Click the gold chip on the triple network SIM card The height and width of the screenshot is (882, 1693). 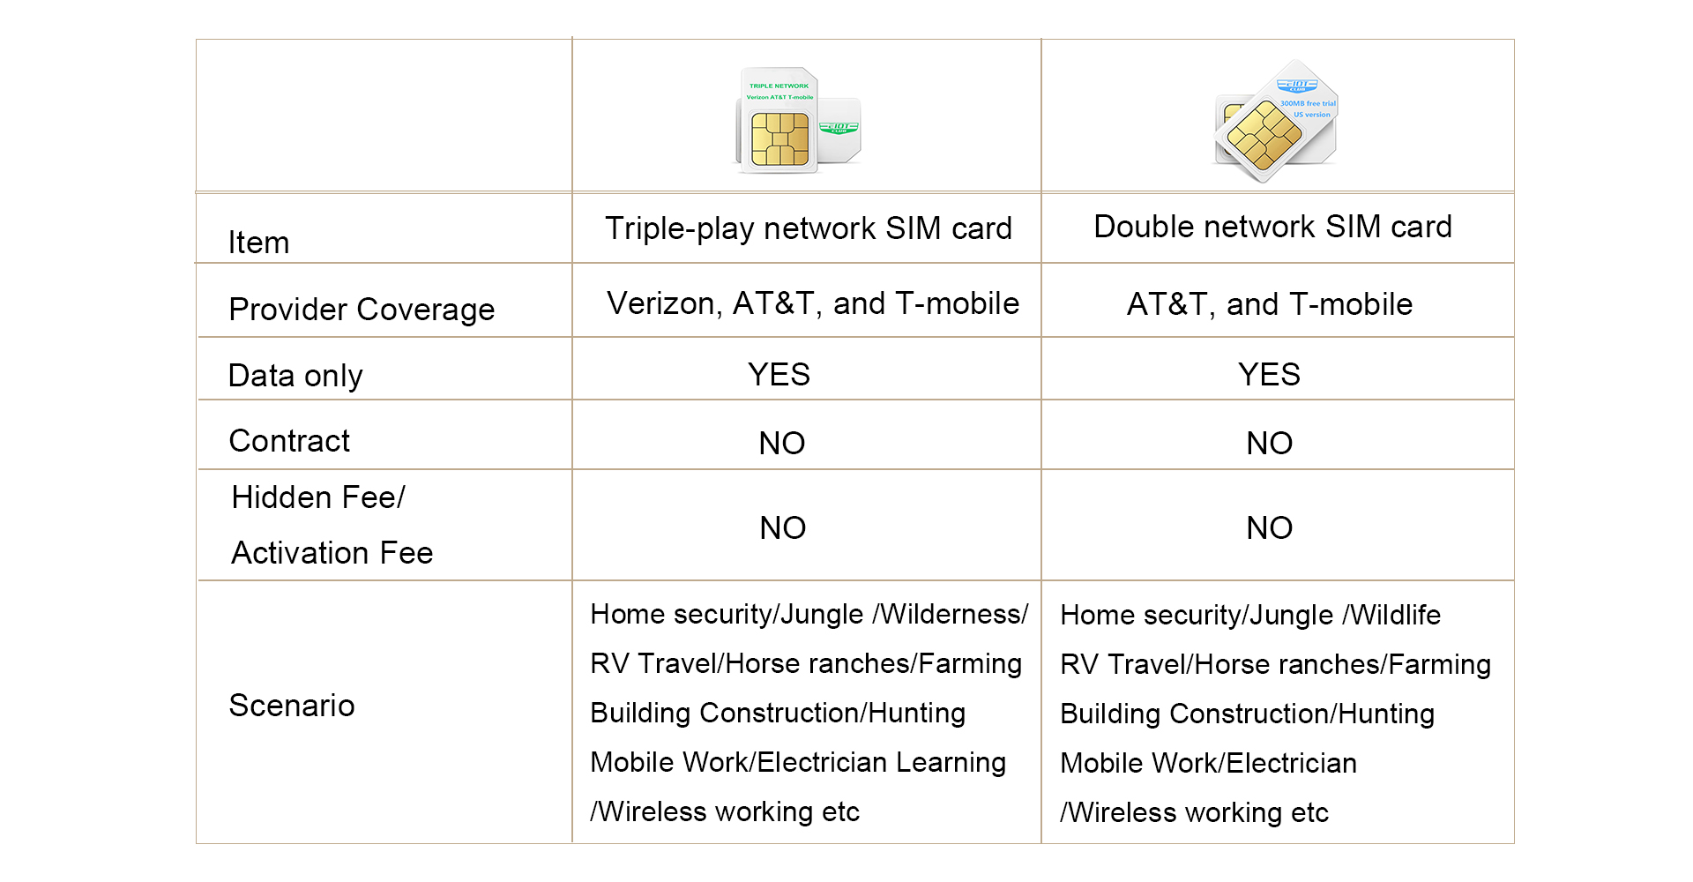coord(780,139)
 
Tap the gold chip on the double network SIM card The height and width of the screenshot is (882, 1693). coord(1264,135)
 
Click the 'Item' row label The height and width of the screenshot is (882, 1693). coord(259,243)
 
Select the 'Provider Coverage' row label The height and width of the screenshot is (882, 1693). coord(362,310)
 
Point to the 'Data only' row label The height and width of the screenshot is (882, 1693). coord(295,376)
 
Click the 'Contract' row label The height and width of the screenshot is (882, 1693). coord(289,441)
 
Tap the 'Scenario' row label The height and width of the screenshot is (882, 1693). coord(292,706)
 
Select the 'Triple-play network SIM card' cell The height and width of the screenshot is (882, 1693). coord(809,228)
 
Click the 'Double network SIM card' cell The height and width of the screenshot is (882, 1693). coord(1272,227)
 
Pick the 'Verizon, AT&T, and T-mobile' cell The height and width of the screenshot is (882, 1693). coord(813,303)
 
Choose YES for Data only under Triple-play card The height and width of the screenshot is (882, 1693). coord(779,375)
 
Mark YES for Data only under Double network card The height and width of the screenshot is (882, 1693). coord(1269,375)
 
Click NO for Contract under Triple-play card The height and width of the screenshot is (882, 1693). coord(782,443)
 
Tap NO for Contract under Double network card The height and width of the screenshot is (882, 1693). coord(1270,443)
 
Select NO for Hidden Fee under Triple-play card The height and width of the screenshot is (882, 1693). coord(783,527)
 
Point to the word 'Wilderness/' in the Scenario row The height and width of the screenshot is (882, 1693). coord(954,614)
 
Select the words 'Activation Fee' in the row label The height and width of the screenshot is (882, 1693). coord(332,553)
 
